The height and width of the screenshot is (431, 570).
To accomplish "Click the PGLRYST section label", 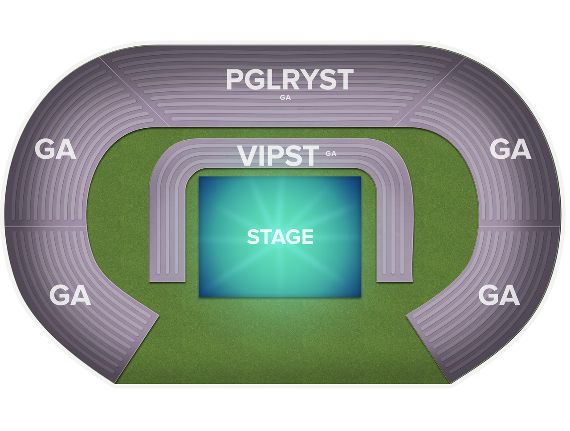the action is [x=290, y=79].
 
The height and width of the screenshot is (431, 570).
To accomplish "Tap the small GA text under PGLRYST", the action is [x=285, y=98].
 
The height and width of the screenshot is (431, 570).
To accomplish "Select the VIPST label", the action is [x=278, y=155].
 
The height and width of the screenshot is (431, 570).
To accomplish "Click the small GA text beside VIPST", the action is [x=331, y=154].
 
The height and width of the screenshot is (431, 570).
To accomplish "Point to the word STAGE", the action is [x=280, y=237].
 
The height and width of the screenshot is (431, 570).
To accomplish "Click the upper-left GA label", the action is [x=55, y=149].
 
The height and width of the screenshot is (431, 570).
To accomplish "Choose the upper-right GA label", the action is [x=510, y=149].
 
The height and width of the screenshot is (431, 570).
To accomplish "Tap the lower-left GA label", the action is [x=70, y=295].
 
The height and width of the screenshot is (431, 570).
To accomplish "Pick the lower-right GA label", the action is [x=499, y=295].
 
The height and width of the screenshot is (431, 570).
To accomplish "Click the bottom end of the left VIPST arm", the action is [x=167, y=281].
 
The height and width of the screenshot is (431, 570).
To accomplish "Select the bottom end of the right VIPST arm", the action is [x=395, y=281].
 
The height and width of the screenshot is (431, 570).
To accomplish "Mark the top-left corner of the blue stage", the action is [x=199, y=177].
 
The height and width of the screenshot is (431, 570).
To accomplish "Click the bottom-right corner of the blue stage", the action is [x=361, y=297].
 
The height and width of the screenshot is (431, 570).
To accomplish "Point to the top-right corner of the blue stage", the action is [x=361, y=177].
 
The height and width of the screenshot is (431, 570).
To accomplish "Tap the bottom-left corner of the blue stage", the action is [x=199, y=297].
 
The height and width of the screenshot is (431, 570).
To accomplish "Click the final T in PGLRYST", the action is [x=345, y=79].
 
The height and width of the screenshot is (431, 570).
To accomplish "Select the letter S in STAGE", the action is [x=253, y=237].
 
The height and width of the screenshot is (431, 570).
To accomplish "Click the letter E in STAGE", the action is [x=308, y=237].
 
